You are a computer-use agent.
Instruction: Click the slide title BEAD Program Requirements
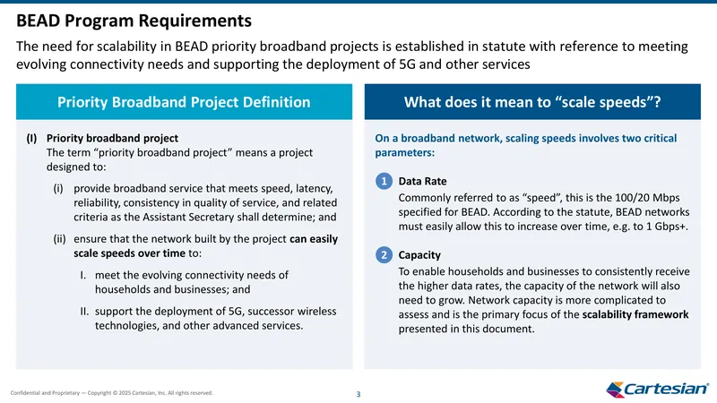[134, 21]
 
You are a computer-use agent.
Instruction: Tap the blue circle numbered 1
[384, 182]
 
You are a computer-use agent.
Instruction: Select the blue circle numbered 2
[384, 255]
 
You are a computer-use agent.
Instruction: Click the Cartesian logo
[657, 389]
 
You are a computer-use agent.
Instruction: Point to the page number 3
[358, 394]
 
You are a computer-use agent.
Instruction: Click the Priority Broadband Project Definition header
[184, 102]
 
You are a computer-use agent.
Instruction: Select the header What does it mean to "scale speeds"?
[532, 102]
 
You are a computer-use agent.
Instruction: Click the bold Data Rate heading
[422, 182]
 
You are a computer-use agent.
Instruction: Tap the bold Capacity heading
[419, 255]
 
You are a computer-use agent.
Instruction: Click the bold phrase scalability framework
[635, 314]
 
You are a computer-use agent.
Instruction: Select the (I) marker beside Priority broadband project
[31, 138]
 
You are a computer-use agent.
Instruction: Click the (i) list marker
[58, 188]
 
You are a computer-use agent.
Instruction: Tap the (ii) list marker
[59, 239]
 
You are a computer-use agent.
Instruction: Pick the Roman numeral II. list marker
[84, 311]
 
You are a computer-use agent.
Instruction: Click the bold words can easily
[314, 239]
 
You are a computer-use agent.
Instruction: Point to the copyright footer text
[111, 393]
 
